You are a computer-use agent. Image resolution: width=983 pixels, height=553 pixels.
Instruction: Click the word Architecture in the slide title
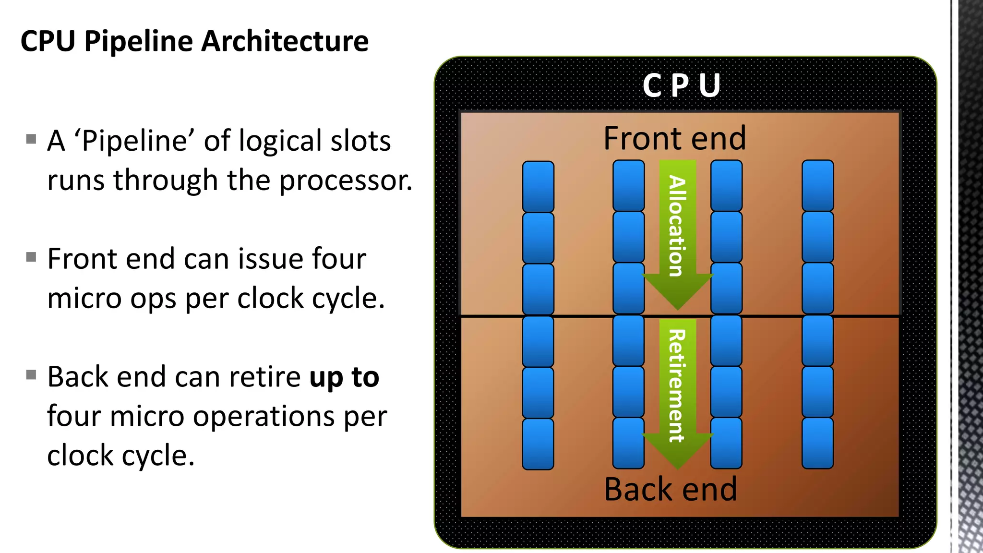(x=285, y=41)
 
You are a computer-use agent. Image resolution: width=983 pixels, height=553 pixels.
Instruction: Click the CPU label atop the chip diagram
(x=681, y=85)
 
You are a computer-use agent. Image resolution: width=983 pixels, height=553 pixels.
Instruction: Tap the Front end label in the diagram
(x=674, y=138)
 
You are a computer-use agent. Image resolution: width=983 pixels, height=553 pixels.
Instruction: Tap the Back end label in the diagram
(x=671, y=489)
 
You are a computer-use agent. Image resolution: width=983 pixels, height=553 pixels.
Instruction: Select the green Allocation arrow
(x=677, y=226)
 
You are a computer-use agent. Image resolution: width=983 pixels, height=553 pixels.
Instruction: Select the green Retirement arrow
(x=677, y=384)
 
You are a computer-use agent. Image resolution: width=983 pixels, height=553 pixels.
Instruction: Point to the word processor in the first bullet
(x=345, y=181)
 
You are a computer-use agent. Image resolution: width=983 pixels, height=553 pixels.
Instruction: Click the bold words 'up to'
(x=344, y=377)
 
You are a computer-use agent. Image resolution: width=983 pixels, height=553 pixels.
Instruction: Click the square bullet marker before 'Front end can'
(x=31, y=257)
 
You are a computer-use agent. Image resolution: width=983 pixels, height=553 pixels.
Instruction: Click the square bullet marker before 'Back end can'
(x=31, y=375)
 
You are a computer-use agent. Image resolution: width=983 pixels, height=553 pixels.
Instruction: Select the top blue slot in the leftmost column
(x=538, y=186)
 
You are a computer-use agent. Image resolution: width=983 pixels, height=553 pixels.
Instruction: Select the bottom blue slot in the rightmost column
(x=817, y=443)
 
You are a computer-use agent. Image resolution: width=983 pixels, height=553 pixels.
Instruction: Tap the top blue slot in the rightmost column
(x=817, y=185)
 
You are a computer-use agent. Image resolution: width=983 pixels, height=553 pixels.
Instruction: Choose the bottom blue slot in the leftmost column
(x=538, y=444)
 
